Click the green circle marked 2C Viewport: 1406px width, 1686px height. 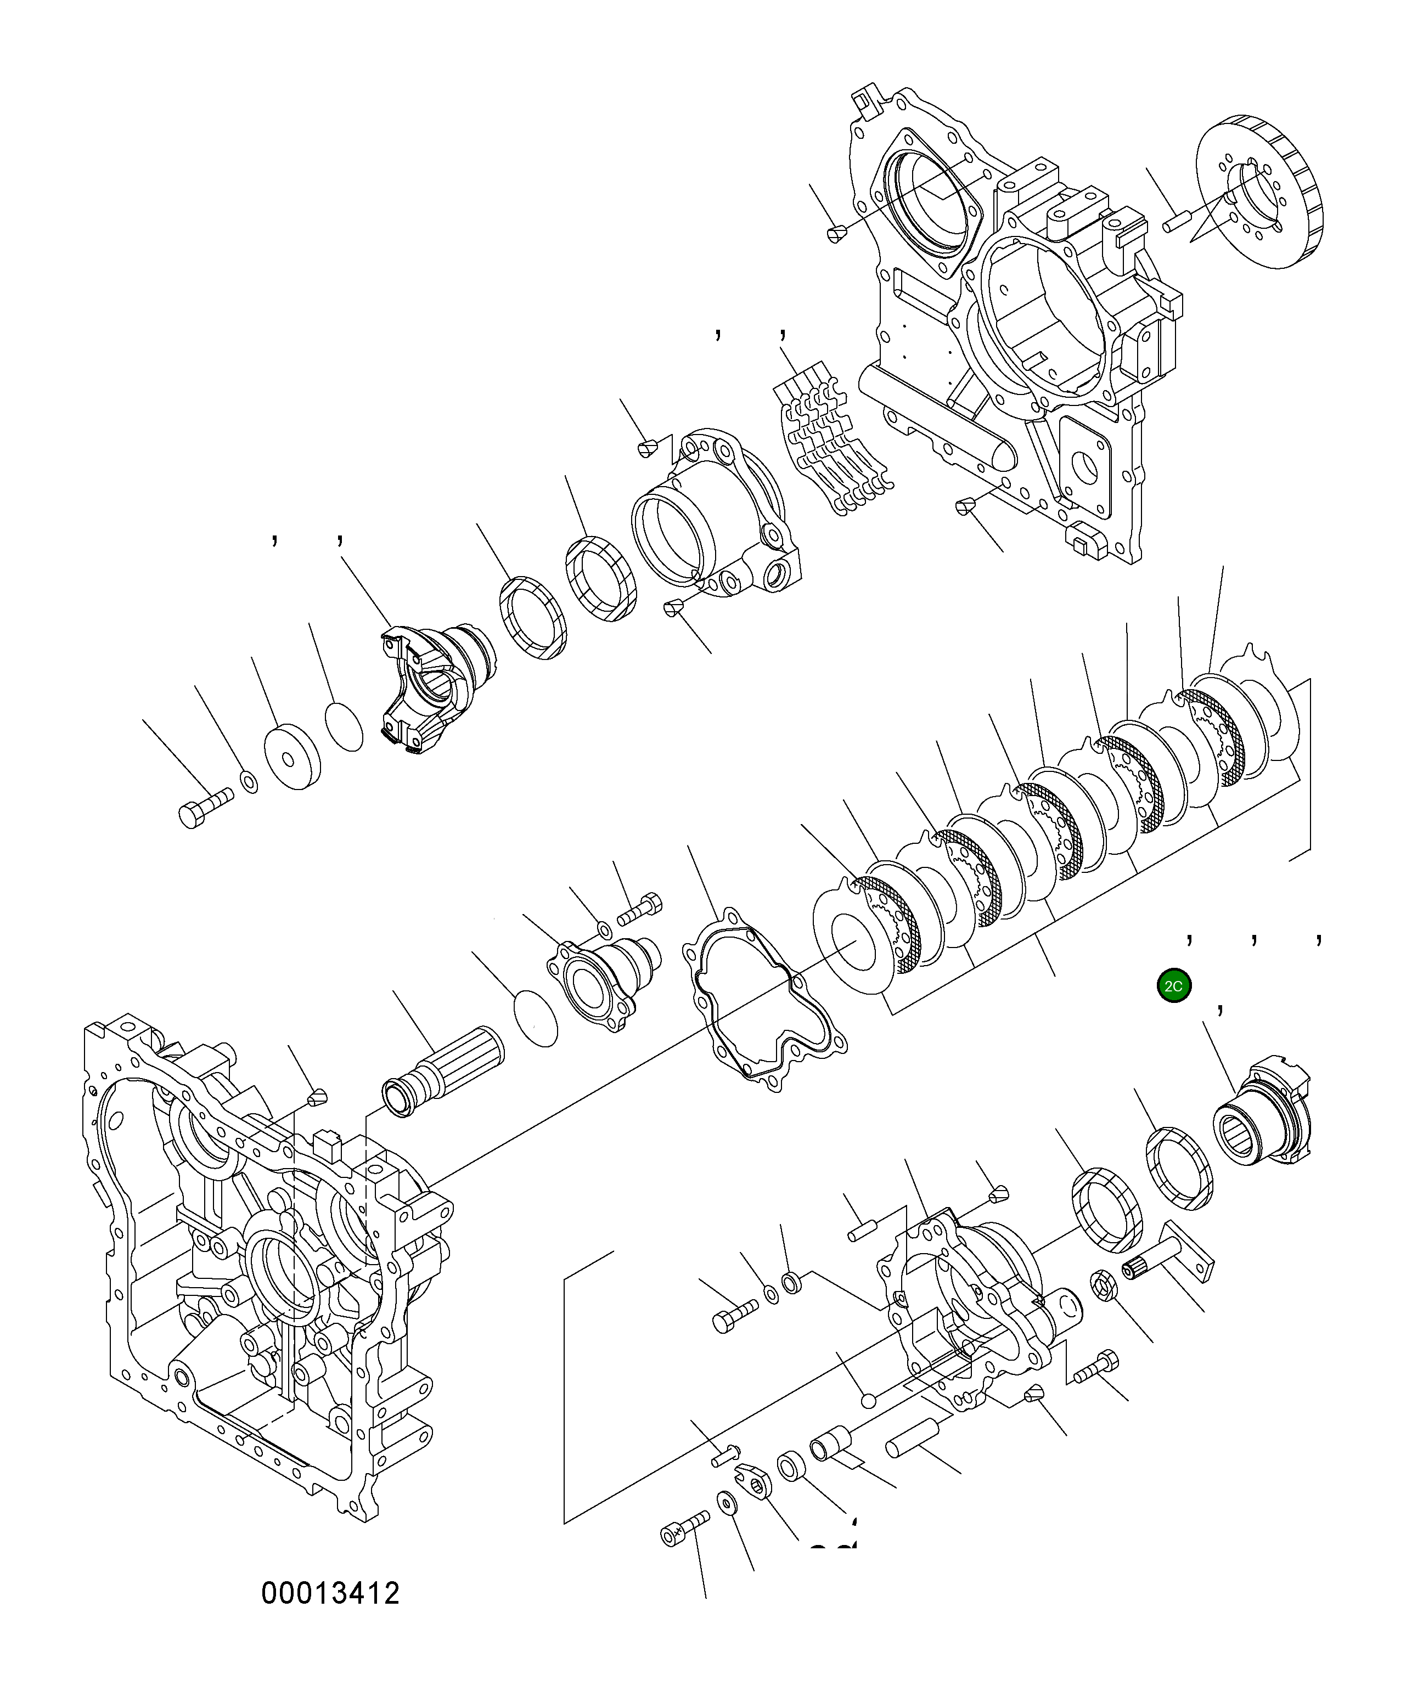pos(1173,986)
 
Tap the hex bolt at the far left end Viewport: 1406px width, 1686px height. pos(203,807)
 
